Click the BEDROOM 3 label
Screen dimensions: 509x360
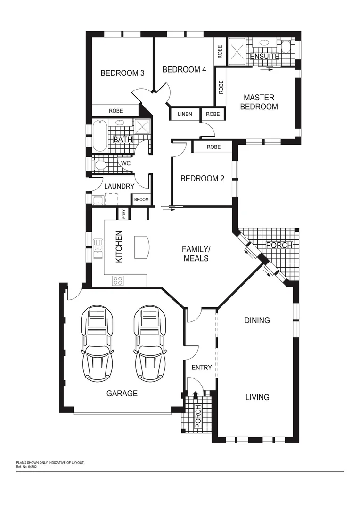tap(122, 73)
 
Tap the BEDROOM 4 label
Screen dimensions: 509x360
tap(184, 70)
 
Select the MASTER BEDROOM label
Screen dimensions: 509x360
tap(259, 102)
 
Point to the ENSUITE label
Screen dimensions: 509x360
tap(264, 57)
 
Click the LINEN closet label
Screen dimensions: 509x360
tap(185, 115)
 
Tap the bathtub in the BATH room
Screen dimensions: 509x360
tap(98, 135)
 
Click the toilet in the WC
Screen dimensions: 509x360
tap(100, 165)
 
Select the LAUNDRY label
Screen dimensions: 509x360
tap(119, 186)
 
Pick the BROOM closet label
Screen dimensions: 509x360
tap(141, 200)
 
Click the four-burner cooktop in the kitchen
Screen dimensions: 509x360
tap(118, 281)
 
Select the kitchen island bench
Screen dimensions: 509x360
tap(142, 247)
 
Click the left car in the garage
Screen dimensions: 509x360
tap(98, 344)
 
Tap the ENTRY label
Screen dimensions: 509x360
tap(202, 368)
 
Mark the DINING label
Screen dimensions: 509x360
tap(257, 320)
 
